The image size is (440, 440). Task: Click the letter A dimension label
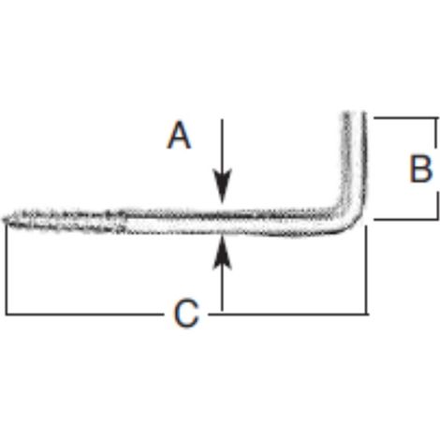pos(179,136)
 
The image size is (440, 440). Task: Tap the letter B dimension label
pos(421,169)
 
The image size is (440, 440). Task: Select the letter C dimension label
pos(186,314)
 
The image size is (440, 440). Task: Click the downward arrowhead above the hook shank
pos(222,185)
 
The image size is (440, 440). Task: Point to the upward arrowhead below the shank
pos(222,252)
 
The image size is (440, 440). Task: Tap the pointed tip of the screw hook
pos(4,219)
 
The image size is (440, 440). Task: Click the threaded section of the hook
pos(64,221)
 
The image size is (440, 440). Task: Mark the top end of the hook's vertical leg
pos(354,113)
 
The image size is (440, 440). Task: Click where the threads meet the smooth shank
pos(125,222)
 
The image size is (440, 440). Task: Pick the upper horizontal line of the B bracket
pos(405,118)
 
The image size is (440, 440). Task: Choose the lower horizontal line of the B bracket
pos(405,219)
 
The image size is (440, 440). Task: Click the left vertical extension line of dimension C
pos(7,269)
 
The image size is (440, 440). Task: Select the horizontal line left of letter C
pos(84,314)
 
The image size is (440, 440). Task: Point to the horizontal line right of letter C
pos(288,314)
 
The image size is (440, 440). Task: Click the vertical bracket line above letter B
pos(436,133)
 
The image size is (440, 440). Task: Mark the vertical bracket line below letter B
pos(436,205)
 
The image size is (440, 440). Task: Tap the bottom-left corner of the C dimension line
pos(7,314)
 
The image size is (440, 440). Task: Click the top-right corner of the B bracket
pos(436,118)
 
